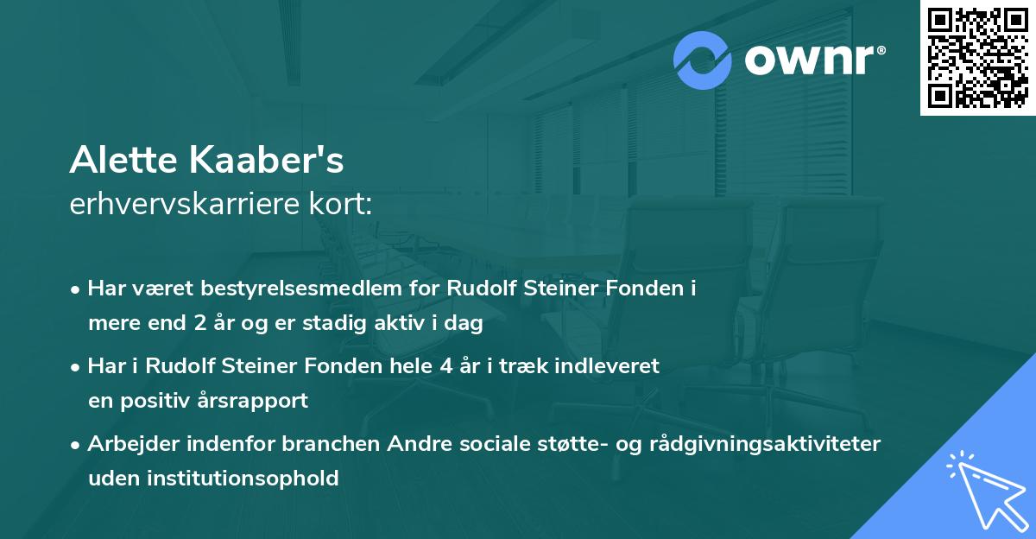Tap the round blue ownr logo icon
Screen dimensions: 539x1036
pyautogui.click(x=703, y=60)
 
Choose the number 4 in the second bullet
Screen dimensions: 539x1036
pyautogui.click(x=445, y=365)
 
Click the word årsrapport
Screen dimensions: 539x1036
pyautogui.click(x=255, y=401)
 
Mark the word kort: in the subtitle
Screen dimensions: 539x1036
pyautogui.click(x=344, y=205)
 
